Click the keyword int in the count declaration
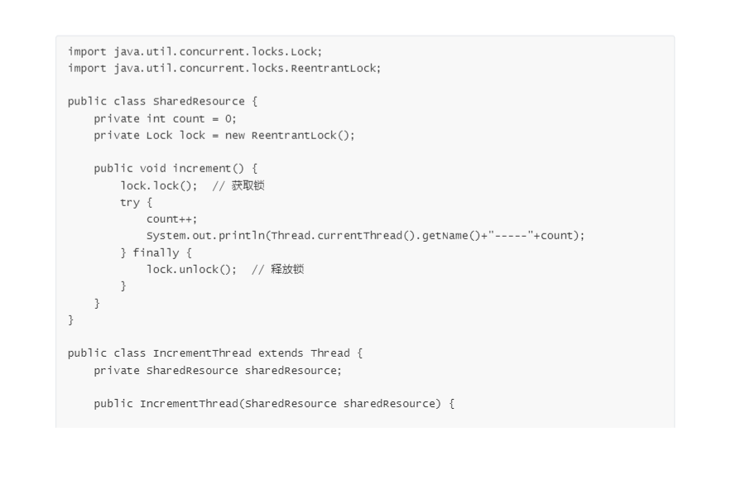coord(156,118)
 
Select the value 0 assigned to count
coord(229,118)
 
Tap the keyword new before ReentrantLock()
coord(234,135)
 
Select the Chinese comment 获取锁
coord(248,185)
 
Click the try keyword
coord(130,202)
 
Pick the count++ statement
coord(172,219)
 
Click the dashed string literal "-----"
coord(515,235)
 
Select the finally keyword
coord(156,252)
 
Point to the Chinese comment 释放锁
coord(287,269)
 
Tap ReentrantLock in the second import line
coord(335,68)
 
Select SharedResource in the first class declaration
coord(199,102)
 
